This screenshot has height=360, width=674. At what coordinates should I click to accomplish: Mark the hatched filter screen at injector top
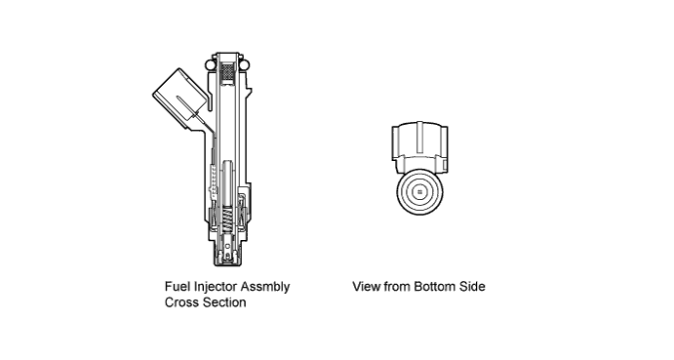point(226,72)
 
